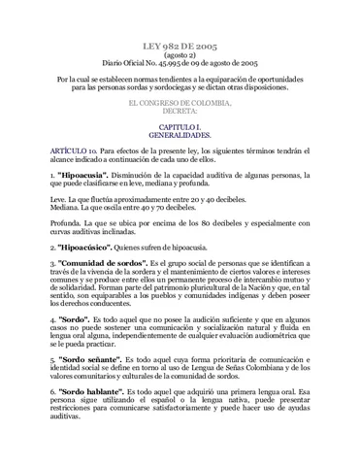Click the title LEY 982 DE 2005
pyautogui.click(x=179, y=46)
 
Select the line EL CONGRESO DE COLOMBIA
pyautogui.click(x=180, y=102)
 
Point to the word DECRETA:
pyautogui.click(x=180, y=111)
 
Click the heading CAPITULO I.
pyautogui.click(x=180, y=127)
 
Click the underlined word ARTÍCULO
pyautogui.click(x=68, y=153)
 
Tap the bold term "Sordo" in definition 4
pyautogui.click(x=77, y=316)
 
